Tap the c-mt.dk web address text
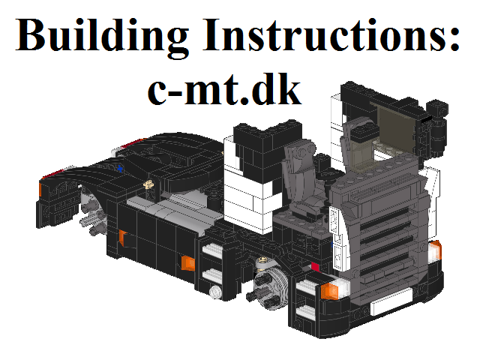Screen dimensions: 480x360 click(x=225, y=88)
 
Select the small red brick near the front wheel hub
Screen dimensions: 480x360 click(x=315, y=267)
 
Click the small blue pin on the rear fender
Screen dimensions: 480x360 click(x=120, y=168)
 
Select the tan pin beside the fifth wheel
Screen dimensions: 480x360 click(x=149, y=184)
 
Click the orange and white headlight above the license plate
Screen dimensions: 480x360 click(x=334, y=289)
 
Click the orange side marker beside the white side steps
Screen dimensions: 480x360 click(x=187, y=262)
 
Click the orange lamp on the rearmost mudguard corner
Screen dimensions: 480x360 click(x=40, y=189)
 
